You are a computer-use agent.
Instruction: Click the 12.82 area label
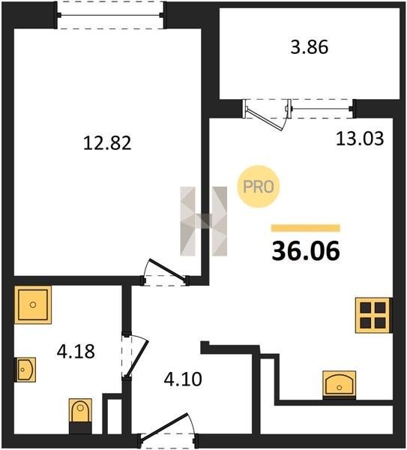[x=107, y=143]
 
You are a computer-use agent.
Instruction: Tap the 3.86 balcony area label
[x=310, y=47]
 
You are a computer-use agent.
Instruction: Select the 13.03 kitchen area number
[x=360, y=139]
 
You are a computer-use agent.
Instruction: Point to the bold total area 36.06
[x=306, y=251]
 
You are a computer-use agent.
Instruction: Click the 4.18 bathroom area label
[x=76, y=351]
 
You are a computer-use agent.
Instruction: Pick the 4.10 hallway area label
[x=183, y=379]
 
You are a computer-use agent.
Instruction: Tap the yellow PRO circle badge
[x=259, y=187]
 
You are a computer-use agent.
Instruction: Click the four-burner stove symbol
[x=373, y=316]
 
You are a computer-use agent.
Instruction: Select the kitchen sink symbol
[x=340, y=385]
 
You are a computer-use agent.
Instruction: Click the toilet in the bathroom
[x=80, y=415]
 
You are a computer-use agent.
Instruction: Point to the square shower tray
[x=33, y=304]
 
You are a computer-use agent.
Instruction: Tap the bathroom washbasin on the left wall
[x=25, y=370]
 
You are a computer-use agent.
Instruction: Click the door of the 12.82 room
[x=166, y=270]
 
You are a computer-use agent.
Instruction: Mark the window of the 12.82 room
[x=110, y=15]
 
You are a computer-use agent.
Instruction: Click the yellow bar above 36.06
[x=306, y=228]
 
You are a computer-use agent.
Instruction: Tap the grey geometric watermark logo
[x=204, y=221]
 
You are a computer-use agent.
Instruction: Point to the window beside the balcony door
[x=322, y=109]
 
